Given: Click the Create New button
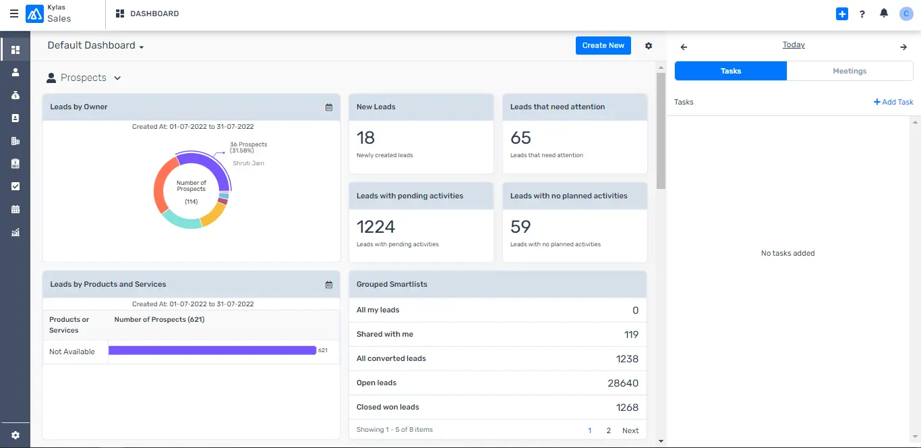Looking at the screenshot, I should point(603,45).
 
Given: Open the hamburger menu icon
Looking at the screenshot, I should point(14,13).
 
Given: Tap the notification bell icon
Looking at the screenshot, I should point(884,13).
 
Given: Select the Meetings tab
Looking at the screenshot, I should point(850,71).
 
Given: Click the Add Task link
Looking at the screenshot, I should point(893,102).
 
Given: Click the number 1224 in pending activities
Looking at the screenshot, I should point(376,227).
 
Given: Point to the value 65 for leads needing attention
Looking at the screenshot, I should point(521,138).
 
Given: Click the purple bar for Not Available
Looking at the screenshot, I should point(212,350).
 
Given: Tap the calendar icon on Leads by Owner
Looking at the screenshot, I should point(329,107).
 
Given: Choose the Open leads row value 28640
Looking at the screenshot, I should point(622,383).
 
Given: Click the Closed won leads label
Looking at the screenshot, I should point(388,407).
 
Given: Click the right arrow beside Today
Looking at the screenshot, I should point(903,47).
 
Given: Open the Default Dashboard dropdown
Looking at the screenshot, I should point(96,46).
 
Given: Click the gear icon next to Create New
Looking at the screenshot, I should point(649,46).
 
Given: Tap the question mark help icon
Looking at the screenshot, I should point(862,14).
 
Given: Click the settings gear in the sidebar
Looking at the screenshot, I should point(16,435).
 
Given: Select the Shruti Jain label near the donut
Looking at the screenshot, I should point(248,163).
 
